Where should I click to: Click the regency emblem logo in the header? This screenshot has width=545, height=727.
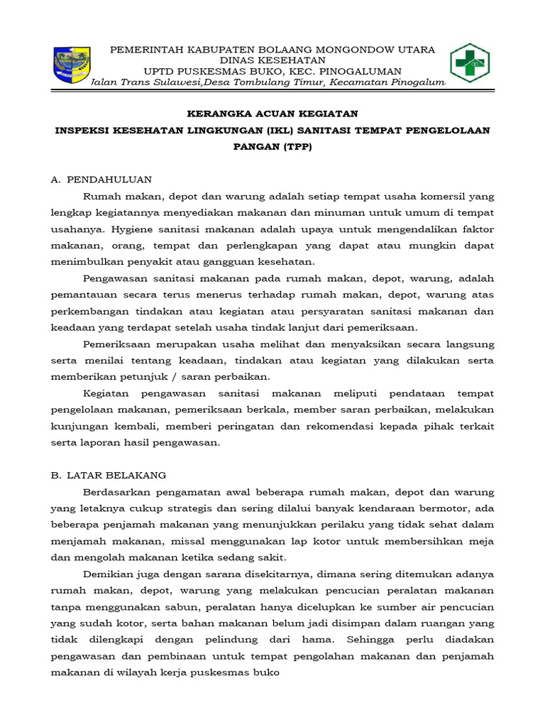pyautogui.click(x=72, y=64)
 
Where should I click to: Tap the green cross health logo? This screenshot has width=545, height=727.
pyautogui.click(x=470, y=64)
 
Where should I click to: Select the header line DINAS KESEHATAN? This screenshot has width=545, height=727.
pyautogui.click(x=272, y=60)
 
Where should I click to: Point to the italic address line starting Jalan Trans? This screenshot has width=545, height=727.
pyautogui.click(x=272, y=83)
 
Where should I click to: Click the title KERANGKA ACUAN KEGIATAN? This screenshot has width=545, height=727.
pyautogui.click(x=272, y=114)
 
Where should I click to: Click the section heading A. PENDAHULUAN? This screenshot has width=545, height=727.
pyautogui.click(x=101, y=180)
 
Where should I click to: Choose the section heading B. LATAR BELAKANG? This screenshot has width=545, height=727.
pyautogui.click(x=109, y=475)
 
